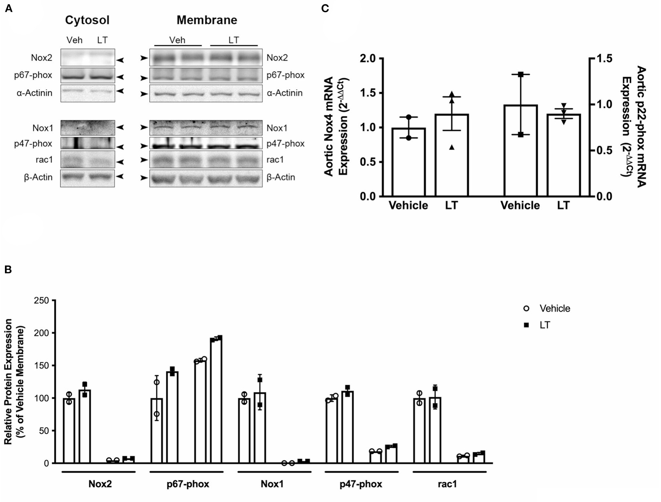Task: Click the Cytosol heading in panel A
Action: pos(87,20)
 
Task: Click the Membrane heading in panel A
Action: pos(207,20)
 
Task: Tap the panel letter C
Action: pos(325,8)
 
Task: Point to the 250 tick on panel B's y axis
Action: pos(41,300)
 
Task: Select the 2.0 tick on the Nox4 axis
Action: pos(367,59)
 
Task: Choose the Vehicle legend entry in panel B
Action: pos(554,308)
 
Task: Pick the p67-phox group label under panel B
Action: pos(188,484)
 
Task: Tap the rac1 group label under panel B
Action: pos(447,484)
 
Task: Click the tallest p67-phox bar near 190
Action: pos(216,400)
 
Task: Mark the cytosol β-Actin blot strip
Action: pos(88,178)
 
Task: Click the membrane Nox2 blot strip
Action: pos(206,58)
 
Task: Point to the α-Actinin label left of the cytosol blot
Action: pos(34,93)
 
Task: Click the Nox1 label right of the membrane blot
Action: pos(277,128)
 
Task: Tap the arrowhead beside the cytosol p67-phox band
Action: pos(120,77)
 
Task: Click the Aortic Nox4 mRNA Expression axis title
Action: pos(336,127)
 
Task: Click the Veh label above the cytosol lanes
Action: pos(74,40)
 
